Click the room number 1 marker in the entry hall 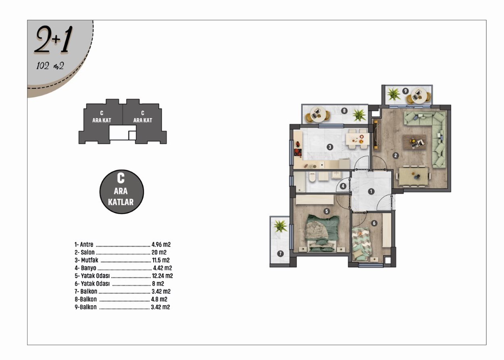click(x=371, y=191)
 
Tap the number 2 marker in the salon click(x=395, y=155)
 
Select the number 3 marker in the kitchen click(x=330, y=147)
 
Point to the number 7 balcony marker click(x=280, y=254)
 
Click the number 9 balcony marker click(x=405, y=91)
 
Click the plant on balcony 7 click(x=280, y=226)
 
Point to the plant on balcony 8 click(x=359, y=115)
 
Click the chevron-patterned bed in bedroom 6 click(x=362, y=244)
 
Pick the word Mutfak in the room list click(x=90, y=260)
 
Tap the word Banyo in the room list click(x=88, y=268)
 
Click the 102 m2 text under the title click(x=50, y=66)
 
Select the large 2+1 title click(x=54, y=40)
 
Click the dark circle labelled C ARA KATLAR click(x=121, y=192)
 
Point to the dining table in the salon click(x=413, y=176)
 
